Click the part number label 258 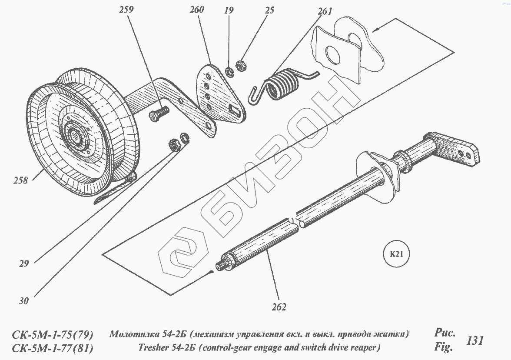20,180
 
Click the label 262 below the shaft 279,307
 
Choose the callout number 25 269,10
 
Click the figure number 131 474,340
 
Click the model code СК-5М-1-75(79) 53,335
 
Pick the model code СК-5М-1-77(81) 53,348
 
